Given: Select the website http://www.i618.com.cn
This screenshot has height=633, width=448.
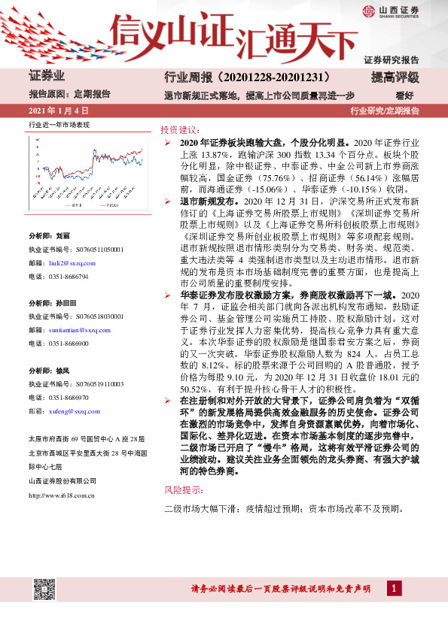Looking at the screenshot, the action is tap(61, 495).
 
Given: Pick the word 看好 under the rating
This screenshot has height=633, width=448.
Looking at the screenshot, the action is tap(406, 95).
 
